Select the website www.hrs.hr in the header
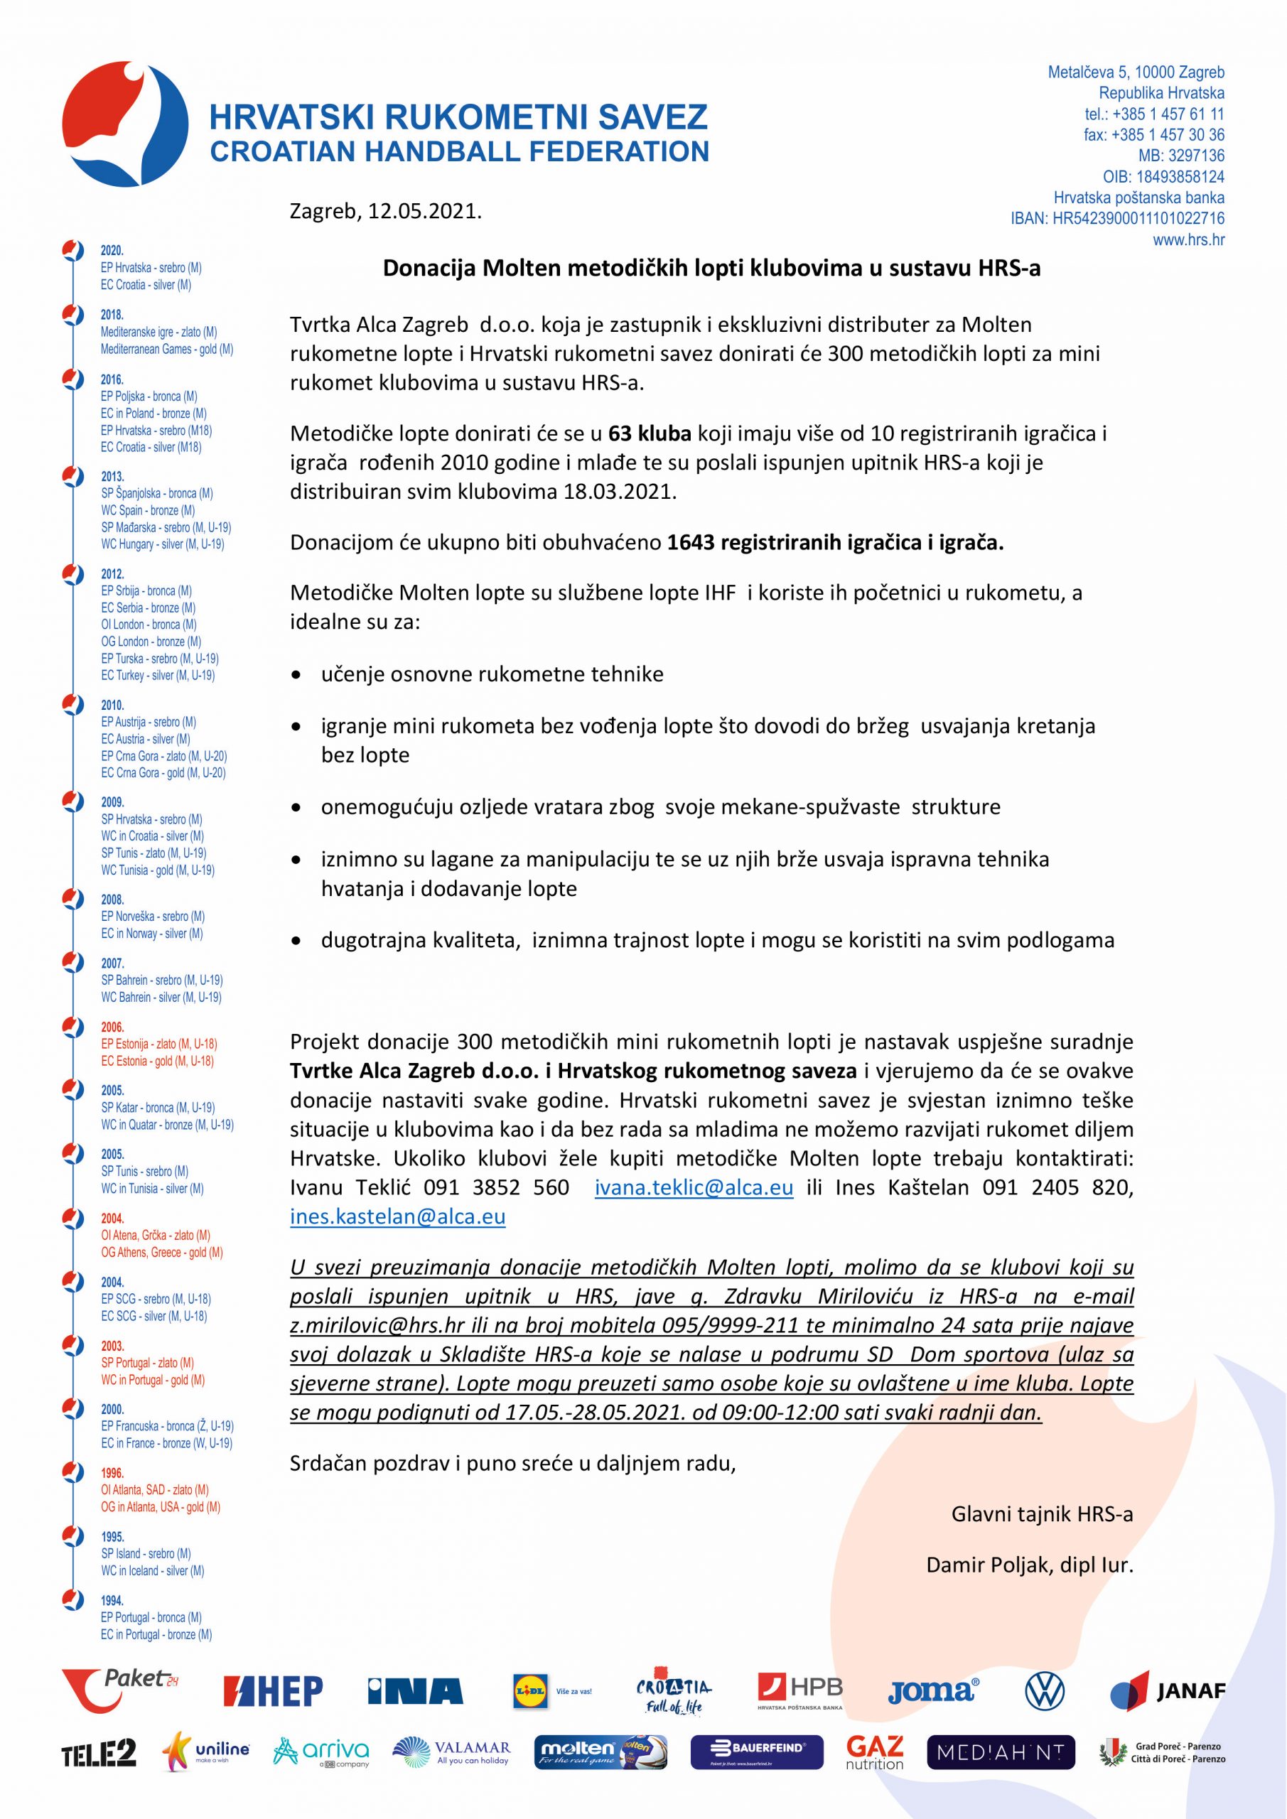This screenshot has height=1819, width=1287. [x=1188, y=239]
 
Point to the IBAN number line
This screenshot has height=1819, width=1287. [x=1117, y=219]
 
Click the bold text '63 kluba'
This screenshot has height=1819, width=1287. [x=649, y=433]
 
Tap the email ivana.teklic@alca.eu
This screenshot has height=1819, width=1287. [x=694, y=1187]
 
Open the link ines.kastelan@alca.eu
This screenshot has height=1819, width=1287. [x=397, y=1216]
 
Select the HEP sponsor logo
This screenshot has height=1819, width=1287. [x=273, y=1714]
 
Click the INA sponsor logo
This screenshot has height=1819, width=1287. [x=414, y=1714]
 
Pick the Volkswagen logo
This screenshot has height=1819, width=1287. [x=1045, y=1714]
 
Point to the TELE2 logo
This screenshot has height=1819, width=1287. [x=99, y=1776]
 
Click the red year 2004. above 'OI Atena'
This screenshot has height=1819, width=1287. [x=112, y=1219]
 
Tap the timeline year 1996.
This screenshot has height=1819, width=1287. [x=112, y=1473]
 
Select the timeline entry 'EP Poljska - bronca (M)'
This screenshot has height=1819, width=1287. [x=149, y=396]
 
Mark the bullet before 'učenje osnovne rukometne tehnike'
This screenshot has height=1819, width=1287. [x=296, y=676]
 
